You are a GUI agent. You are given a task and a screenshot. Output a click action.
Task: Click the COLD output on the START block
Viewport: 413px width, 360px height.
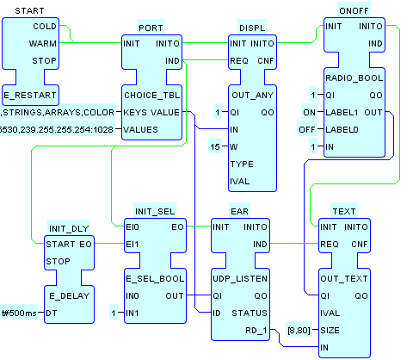pos(45,27)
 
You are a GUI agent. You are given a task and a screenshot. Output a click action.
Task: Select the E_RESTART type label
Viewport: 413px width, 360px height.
pos(30,95)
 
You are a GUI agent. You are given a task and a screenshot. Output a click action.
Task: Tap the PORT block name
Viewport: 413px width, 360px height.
pos(151,28)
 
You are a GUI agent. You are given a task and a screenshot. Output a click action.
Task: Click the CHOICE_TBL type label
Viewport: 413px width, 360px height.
pos(152,95)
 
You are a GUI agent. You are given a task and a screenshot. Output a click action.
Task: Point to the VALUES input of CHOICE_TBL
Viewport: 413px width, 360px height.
pos(140,129)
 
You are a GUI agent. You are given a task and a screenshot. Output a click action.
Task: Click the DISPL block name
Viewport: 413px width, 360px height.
pos(252,28)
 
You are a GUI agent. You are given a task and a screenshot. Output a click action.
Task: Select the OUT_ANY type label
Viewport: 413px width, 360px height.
pos(253,95)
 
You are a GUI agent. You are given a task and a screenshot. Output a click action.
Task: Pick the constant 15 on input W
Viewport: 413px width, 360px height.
pos(215,147)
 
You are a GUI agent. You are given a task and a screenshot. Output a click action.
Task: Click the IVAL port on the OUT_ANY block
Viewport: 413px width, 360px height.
pos(240,181)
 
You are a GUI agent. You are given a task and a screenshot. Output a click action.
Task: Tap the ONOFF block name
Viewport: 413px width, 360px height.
pos(354,10)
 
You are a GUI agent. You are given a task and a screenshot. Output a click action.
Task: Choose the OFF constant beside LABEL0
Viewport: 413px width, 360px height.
pos(307,129)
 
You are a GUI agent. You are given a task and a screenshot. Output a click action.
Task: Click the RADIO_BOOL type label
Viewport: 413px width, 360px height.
pos(354,78)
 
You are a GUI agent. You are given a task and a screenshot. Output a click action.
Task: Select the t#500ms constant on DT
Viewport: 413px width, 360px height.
pos(19,313)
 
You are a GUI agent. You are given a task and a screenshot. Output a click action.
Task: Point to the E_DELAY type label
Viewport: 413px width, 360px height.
pos(69,295)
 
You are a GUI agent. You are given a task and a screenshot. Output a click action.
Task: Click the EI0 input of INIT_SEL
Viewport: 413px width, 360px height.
pos(133,227)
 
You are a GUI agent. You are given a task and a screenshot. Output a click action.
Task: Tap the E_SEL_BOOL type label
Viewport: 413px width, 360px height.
pos(155,278)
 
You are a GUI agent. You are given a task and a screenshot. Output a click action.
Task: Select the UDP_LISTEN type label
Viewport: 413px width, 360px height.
pos(240,278)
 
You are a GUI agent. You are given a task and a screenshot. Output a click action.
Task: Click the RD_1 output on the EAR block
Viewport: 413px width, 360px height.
pos(256,331)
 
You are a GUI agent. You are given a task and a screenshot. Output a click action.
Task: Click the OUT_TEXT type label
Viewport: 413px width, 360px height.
pos(344,278)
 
